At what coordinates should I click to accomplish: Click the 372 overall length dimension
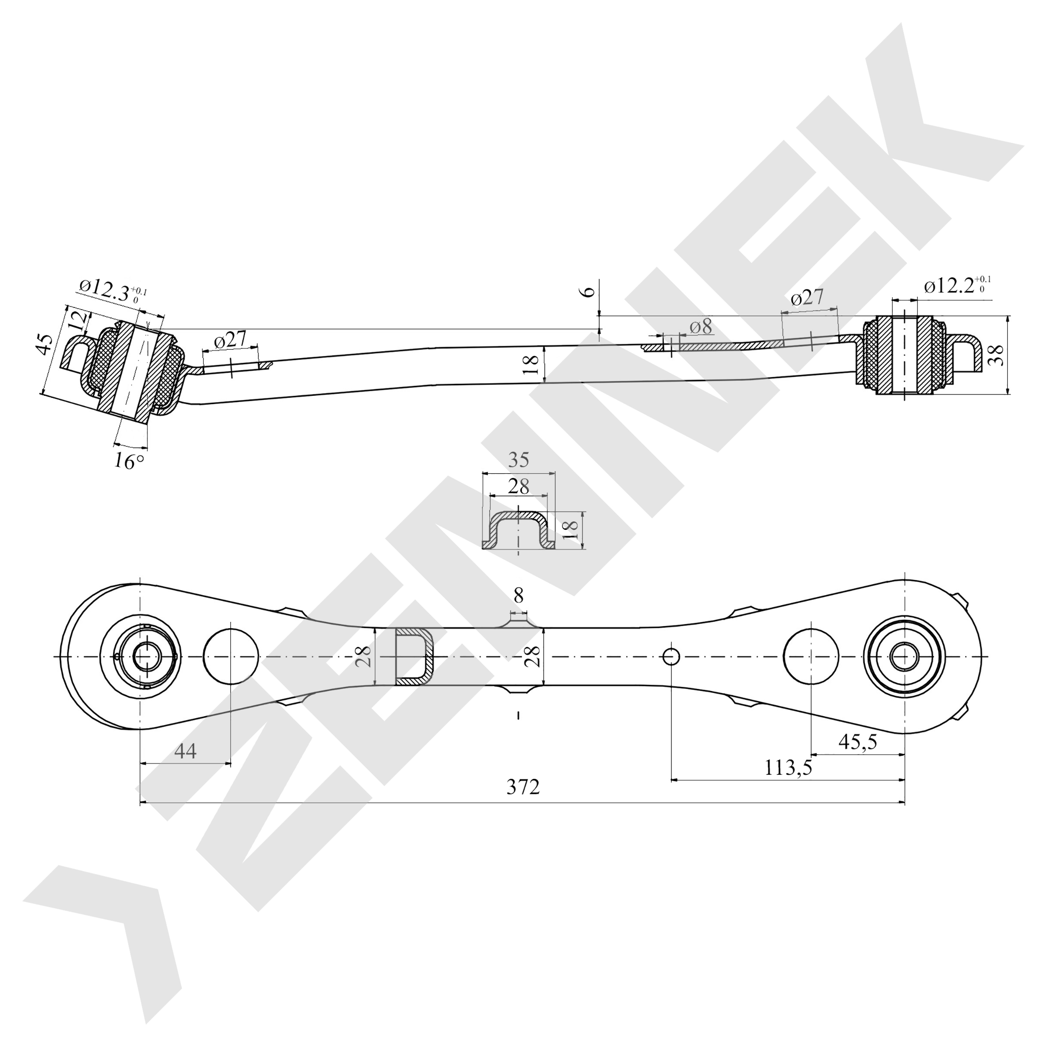coord(523,787)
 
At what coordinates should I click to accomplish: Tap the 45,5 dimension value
coord(857,742)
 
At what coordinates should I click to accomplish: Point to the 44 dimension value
coord(186,751)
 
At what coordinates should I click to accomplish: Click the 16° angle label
coord(129,461)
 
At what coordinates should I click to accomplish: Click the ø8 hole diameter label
coord(701,327)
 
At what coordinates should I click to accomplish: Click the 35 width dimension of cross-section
coord(518,459)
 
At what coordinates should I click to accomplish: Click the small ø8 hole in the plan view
coord(671,657)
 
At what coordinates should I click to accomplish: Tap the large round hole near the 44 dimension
coord(231,657)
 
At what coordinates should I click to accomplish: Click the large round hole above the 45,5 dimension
coord(811,657)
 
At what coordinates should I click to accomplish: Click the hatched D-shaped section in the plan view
coord(415,657)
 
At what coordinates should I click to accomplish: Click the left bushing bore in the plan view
coord(142,657)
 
